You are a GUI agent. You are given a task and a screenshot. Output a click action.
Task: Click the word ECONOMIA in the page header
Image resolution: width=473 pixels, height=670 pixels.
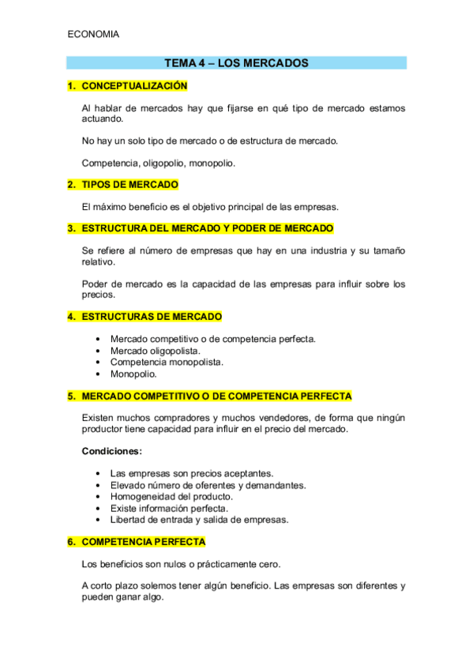(94, 34)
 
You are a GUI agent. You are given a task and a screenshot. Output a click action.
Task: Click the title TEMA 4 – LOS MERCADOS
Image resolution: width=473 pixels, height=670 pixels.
(236, 62)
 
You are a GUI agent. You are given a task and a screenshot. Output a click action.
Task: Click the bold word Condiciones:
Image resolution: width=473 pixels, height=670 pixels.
(112, 451)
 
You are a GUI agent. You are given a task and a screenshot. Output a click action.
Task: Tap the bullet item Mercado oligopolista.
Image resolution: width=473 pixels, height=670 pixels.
(155, 350)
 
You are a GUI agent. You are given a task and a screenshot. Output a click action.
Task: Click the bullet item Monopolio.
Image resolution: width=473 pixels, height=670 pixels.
(133, 374)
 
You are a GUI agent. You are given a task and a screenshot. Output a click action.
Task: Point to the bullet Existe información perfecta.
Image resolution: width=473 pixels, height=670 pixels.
(169, 508)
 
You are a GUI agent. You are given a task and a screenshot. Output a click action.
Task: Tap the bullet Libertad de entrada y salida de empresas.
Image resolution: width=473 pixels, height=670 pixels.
(199, 520)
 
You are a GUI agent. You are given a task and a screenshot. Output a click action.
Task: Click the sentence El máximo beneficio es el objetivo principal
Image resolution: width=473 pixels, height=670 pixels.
(210, 206)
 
